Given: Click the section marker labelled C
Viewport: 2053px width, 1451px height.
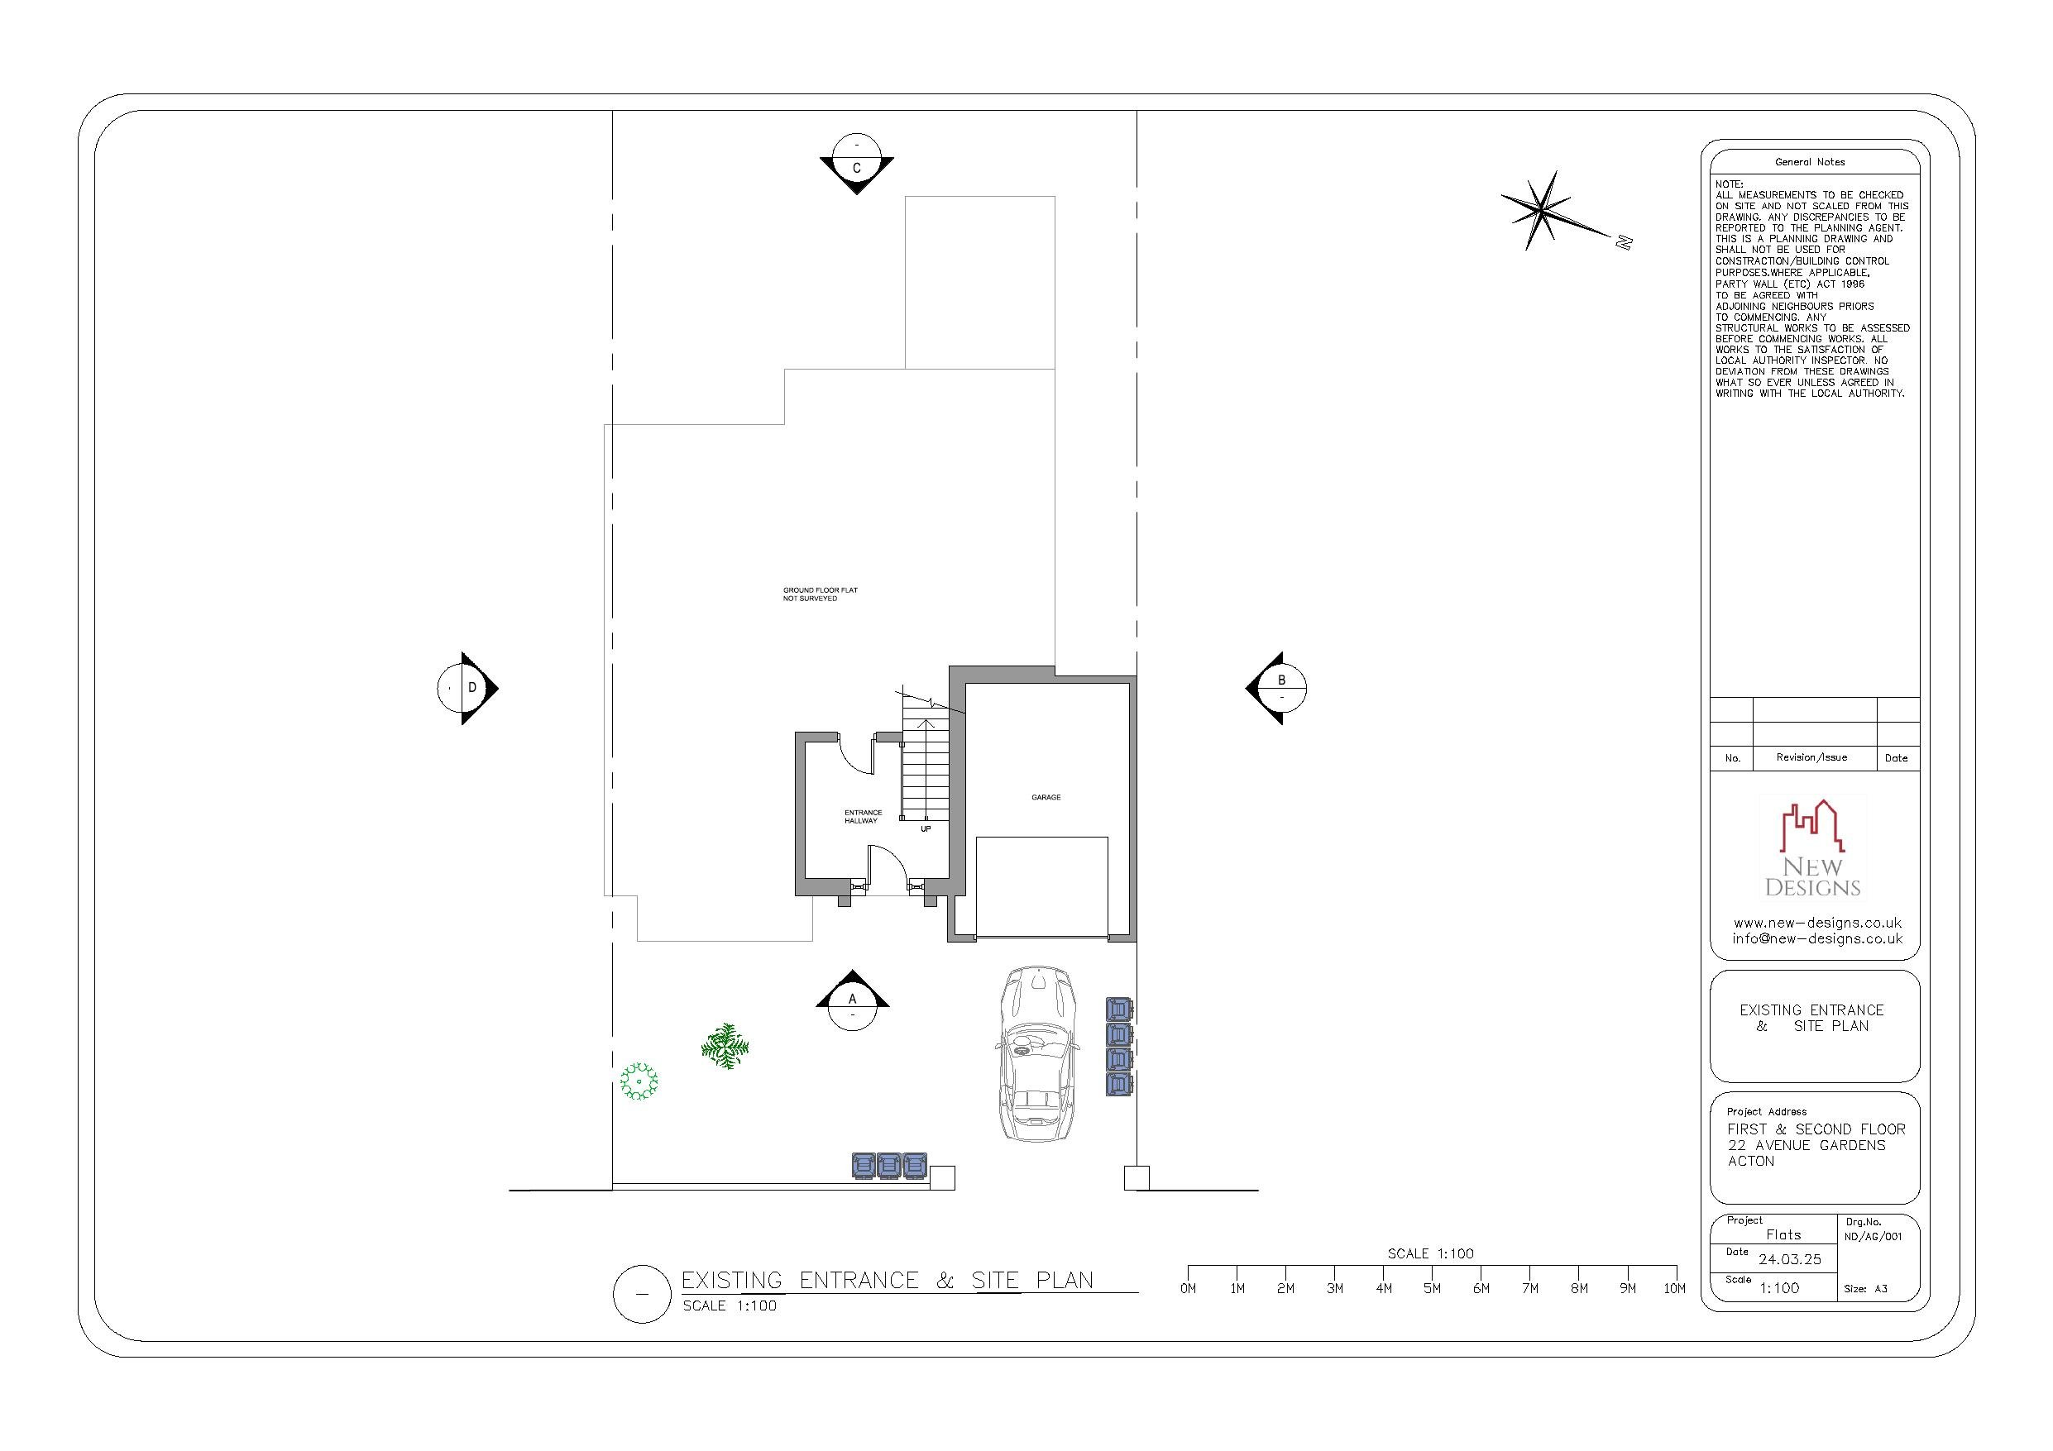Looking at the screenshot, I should [857, 164].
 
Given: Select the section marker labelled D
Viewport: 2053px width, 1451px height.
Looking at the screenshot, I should [467, 688].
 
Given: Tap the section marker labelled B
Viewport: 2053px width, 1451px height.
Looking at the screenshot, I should [1279, 688].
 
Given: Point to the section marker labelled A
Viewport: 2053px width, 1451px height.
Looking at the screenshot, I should [852, 1002].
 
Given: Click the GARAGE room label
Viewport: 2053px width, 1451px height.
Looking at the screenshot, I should [1046, 796].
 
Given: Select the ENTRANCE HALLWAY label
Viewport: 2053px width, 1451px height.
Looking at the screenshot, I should [862, 816].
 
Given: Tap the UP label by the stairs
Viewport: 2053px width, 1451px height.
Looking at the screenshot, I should [926, 828].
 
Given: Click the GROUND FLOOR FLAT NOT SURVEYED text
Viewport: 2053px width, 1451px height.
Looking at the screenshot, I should [820, 594].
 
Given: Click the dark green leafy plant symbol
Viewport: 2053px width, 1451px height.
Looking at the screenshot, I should [725, 1046].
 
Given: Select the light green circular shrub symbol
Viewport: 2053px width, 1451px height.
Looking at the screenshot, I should [639, 1081].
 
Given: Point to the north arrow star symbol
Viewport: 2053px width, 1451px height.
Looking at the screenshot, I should [1542, 211].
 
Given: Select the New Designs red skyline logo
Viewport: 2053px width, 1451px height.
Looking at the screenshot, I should [1811, 826].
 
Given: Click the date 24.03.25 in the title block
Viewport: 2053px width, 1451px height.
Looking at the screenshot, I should [1789, 1259].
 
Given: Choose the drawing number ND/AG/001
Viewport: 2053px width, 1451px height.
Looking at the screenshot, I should [1873, 1238].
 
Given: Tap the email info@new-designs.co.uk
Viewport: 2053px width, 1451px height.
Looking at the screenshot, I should [1817, 938].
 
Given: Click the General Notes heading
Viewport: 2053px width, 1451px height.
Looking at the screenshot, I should [1810, 162].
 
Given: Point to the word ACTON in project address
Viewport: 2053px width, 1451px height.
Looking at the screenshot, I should [1751, 1162].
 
